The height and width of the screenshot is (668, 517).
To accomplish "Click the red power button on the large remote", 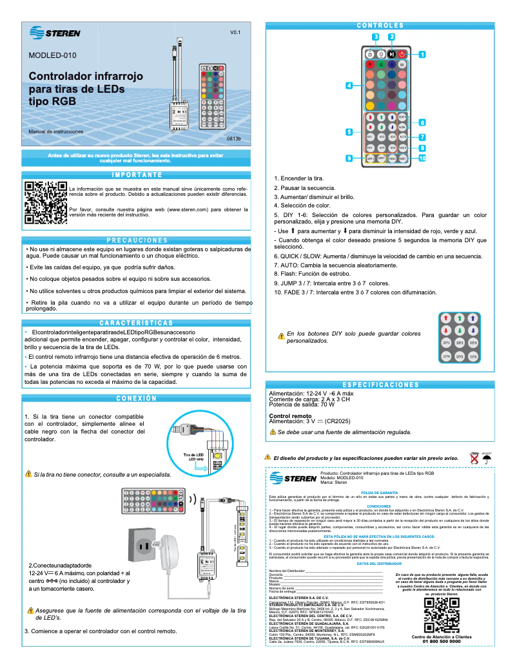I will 402,54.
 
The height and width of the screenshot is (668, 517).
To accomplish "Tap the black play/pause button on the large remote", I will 391,54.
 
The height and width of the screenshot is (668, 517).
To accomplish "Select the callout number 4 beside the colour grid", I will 349,86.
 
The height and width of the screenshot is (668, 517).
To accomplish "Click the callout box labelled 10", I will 423,158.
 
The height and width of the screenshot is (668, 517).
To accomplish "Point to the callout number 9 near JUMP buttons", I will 349,158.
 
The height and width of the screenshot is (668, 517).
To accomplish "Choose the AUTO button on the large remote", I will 402,137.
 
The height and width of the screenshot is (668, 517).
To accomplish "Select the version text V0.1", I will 235,32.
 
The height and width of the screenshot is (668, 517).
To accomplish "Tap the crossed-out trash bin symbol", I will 474,458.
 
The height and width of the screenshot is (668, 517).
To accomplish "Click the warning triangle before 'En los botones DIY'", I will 280,335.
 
